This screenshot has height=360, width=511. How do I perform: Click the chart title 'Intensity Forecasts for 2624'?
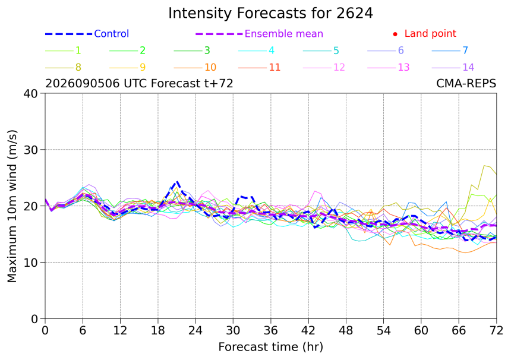(x=270, y=13)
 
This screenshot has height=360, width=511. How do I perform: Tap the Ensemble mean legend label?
(x=284, y=33)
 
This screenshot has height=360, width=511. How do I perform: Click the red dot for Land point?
(x=395, y=34)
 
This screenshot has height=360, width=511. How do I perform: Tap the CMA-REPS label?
(x=466, y=83)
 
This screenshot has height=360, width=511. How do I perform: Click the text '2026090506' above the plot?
(x=83, y=83)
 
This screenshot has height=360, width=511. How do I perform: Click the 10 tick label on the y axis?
(x=31, y=262)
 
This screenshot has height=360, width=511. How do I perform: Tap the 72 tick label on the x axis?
(x=496, y=331)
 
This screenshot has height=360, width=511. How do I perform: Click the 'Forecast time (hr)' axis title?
(x=270, y=347)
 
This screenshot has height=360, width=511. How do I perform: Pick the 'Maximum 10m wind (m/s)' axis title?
(x=12, y=206)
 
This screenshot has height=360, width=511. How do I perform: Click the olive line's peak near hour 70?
(x=484, y=166)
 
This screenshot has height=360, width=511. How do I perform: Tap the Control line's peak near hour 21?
(x=177, y=181)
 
